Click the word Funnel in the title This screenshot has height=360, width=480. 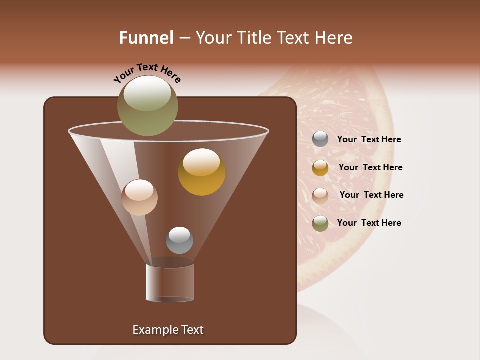(x=146, y=38)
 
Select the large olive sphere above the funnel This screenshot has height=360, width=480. (x=148, y=106)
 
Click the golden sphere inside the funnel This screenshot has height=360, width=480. (x=201, y=172)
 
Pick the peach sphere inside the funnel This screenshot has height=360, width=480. (x=139, y=197)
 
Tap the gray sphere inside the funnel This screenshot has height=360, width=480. (x=179, y=240)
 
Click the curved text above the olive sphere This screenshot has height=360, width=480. (x=147, y=72)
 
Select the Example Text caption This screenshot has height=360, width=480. (x=168, y=330)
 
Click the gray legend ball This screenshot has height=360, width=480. (x=320, y=139)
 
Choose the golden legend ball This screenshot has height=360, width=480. (x=320, y=168)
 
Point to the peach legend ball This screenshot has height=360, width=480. (x=320, y=195)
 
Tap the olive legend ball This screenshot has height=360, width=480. (x=320, y=223)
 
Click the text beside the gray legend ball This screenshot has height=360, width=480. (x=369, y=140)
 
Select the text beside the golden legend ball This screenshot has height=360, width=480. (x=370, y=168)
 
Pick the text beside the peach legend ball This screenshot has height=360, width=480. (x=371, y=195)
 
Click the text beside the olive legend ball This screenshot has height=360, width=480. (x=369, y=223)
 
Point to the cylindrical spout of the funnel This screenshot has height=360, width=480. (x=170, y=282)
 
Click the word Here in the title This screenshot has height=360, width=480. (x=333, y=38)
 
